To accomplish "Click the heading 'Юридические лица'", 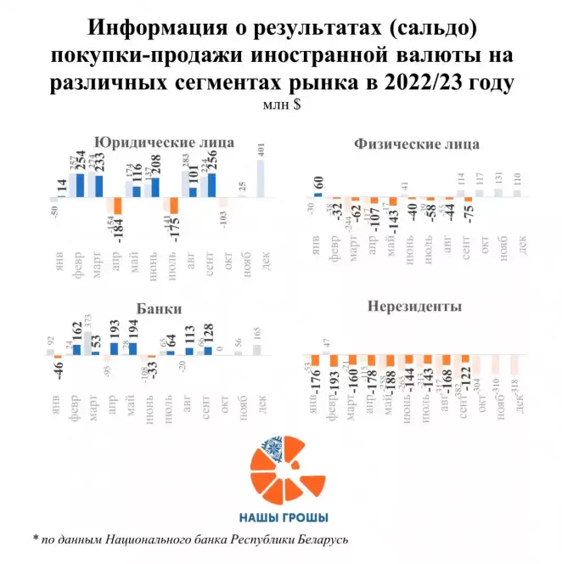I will (x=164, y=142).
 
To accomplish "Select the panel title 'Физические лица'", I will (x=416, y=144).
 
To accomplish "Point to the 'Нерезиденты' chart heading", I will (x=413, y=306).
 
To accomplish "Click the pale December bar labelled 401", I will (x=260, y=178).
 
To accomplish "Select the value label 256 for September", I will (x=212, y=161).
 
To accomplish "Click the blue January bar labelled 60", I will (x=318, y=195).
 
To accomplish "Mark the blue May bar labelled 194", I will (x=133, y=347).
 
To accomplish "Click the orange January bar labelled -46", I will (x=59, y=356).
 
